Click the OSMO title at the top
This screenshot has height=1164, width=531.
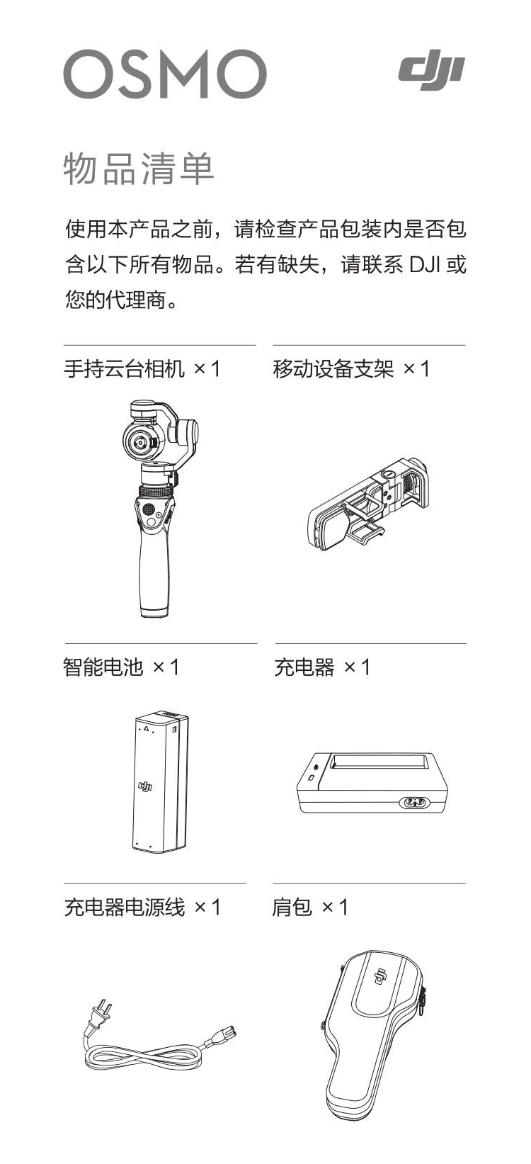coord(165,74)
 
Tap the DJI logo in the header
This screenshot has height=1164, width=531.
coord(432,69)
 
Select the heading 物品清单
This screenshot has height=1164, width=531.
coord(139,169)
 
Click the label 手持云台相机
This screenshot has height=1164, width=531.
coord(124,369)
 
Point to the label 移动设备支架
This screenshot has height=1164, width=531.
coord(333,369)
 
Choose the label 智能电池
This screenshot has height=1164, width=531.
coord(103,667)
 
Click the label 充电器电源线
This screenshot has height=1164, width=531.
coord(124,908)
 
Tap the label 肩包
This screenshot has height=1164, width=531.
coord(292,908)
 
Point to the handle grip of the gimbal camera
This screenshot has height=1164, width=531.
coord(154,572)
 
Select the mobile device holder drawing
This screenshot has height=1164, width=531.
coord(368,503)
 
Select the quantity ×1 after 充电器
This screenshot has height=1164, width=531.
coord(357,667)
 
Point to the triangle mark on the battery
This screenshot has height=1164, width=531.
coord(147,728)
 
